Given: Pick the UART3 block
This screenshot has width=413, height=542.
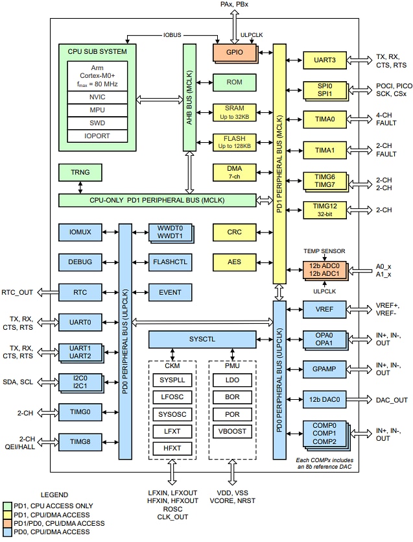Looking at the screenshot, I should (x=325, y=60).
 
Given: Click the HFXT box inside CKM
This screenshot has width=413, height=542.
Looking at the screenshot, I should (x=172, y=448).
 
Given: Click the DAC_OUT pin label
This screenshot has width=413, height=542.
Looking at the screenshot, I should (x=392, y=400).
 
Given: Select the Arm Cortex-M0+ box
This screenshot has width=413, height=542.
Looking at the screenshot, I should (x=97, y=76).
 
